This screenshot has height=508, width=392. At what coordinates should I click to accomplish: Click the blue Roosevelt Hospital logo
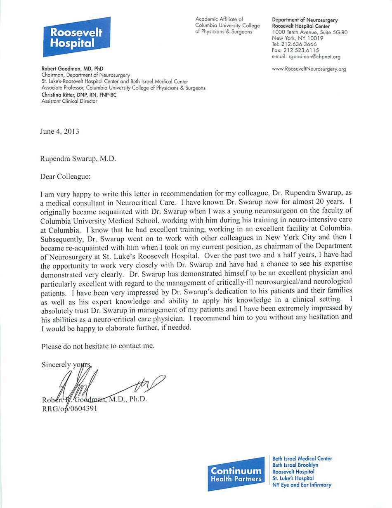click(77, 37)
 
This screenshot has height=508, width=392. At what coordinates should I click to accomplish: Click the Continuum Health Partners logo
click(236, 474)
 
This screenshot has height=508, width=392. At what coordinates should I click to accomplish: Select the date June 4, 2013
click(59, 132)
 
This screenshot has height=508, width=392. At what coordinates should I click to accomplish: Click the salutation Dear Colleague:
click(65, 176)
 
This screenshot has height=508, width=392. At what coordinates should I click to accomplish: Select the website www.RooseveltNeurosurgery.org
click(309, 69)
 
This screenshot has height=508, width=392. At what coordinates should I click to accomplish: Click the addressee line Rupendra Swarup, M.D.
click(78, 158)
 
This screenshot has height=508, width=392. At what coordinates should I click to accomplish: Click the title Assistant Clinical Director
click(69, 101)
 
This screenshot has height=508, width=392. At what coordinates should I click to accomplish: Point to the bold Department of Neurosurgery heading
click(305, 20)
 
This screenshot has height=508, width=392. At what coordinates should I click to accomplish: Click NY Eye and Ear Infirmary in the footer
click(302, 485)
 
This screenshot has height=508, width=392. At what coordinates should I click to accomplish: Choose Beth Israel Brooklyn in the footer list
click(295, 465)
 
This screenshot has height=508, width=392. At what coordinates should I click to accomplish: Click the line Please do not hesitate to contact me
click(98, 346)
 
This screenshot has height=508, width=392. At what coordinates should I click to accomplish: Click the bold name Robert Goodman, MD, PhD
click(72, 69)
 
